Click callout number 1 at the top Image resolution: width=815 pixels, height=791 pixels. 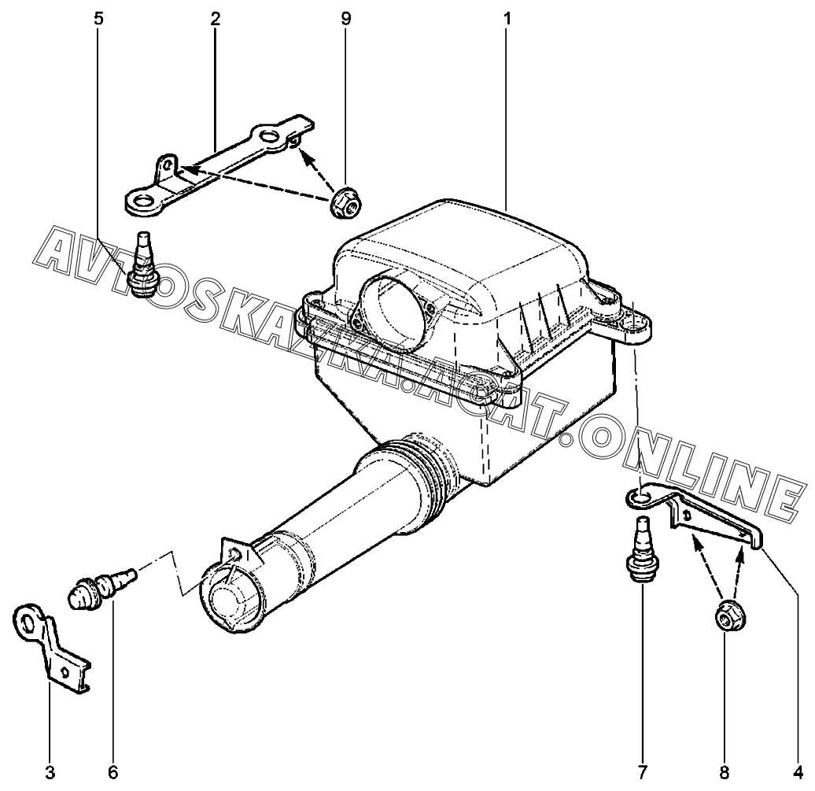click(507, 19)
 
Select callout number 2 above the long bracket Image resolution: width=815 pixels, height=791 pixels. click(216, 19)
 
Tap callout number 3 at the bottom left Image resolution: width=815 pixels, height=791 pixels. click(50, 773)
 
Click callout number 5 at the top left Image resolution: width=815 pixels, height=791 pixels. click(99, 19)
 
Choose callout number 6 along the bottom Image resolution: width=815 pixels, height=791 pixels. click(113, 773)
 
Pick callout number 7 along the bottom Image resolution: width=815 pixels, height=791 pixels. click(643, 773)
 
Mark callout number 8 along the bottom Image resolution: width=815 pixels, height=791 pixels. click(724, 773)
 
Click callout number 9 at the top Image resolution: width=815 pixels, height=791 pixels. click(346, 19)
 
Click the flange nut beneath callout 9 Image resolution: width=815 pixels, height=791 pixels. click(347, 204)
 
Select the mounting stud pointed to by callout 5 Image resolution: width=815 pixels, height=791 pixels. click(142, 265)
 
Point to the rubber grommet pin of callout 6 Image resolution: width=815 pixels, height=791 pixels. click(103, 586)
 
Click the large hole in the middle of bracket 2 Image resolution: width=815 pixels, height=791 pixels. click(269, 137)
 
